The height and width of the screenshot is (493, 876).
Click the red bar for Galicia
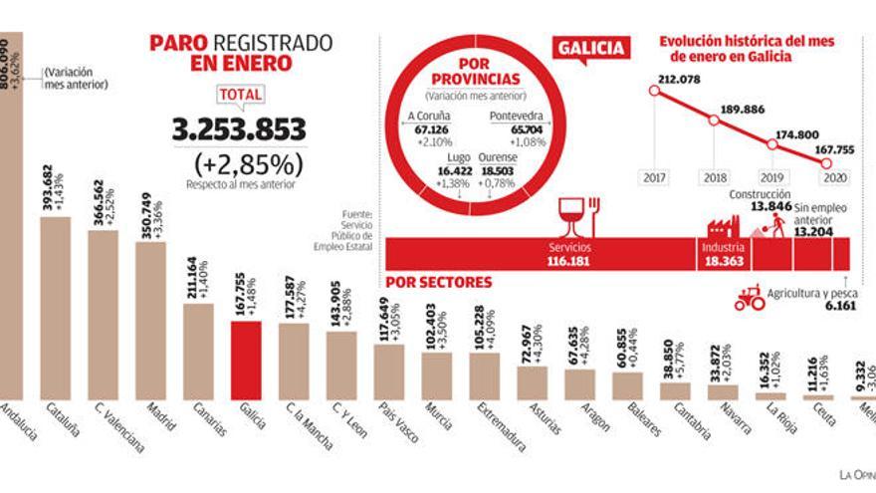[246, 360]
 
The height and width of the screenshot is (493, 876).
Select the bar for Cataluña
[55, 308]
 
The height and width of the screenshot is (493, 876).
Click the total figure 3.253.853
[239, 129]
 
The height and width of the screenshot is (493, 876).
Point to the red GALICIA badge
[591, 48]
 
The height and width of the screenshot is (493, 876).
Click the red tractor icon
[748, 296]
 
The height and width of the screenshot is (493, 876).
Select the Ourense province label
[497, 157]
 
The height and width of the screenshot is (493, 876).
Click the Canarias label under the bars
[205, 417]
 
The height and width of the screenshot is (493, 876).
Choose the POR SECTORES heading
[438, 283]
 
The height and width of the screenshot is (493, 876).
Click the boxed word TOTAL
[239, 96]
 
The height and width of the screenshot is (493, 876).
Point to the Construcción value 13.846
[770, 206]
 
